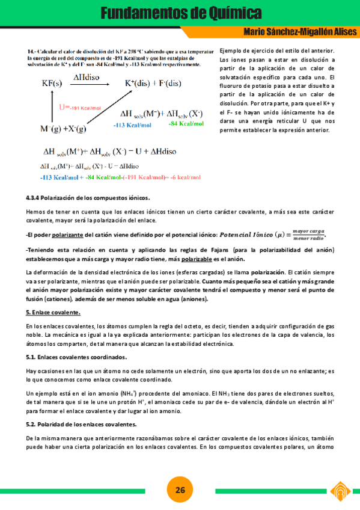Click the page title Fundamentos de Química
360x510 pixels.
(180, 13)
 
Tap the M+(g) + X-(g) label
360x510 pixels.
(63, 129)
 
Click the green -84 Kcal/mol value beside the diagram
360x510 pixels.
(186, 123)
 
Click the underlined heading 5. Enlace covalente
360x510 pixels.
(53, 312)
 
